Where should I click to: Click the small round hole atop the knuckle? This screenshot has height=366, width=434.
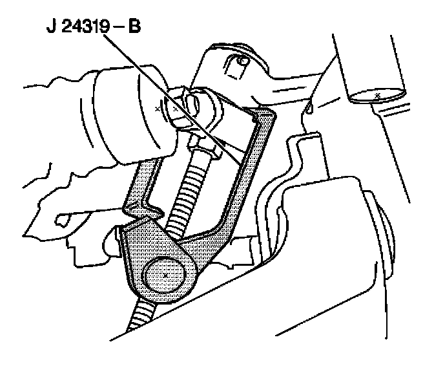click(243, 61)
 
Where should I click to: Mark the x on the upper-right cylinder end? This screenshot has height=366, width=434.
click(377, 95)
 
